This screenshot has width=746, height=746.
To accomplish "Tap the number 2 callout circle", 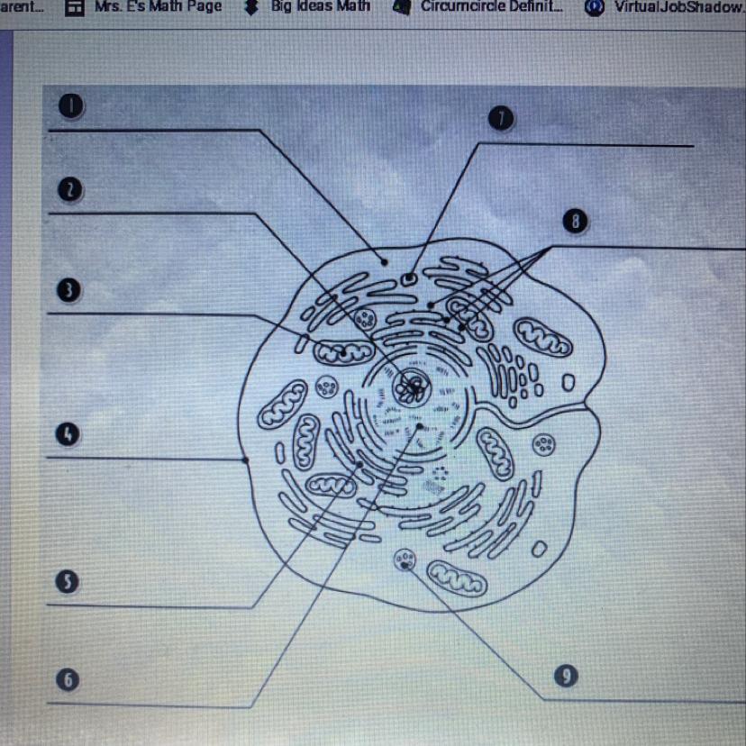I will tap(69, 189).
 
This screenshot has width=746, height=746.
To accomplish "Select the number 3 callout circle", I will tap(68, 290).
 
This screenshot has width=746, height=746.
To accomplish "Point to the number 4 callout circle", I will tap(68, 435).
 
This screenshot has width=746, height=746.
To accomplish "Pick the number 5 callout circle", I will tap(68, 582).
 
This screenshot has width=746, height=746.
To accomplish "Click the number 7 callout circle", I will tap(501, 119).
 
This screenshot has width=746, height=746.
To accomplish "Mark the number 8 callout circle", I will tap(574, 221).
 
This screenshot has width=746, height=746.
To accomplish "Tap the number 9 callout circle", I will tap(565, 677).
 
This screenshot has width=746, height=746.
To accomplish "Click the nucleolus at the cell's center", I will tap(414, 387).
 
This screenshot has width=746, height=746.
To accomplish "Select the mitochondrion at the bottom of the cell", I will tap(457, 578).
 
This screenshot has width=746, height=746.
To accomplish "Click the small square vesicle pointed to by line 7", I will tap(410, 278).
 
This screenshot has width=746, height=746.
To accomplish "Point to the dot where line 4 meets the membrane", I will tap(247, 459).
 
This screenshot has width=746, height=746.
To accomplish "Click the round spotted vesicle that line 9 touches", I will tap(404, 562).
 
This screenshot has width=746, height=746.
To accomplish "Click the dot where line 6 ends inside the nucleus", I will tap(418, 428).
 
